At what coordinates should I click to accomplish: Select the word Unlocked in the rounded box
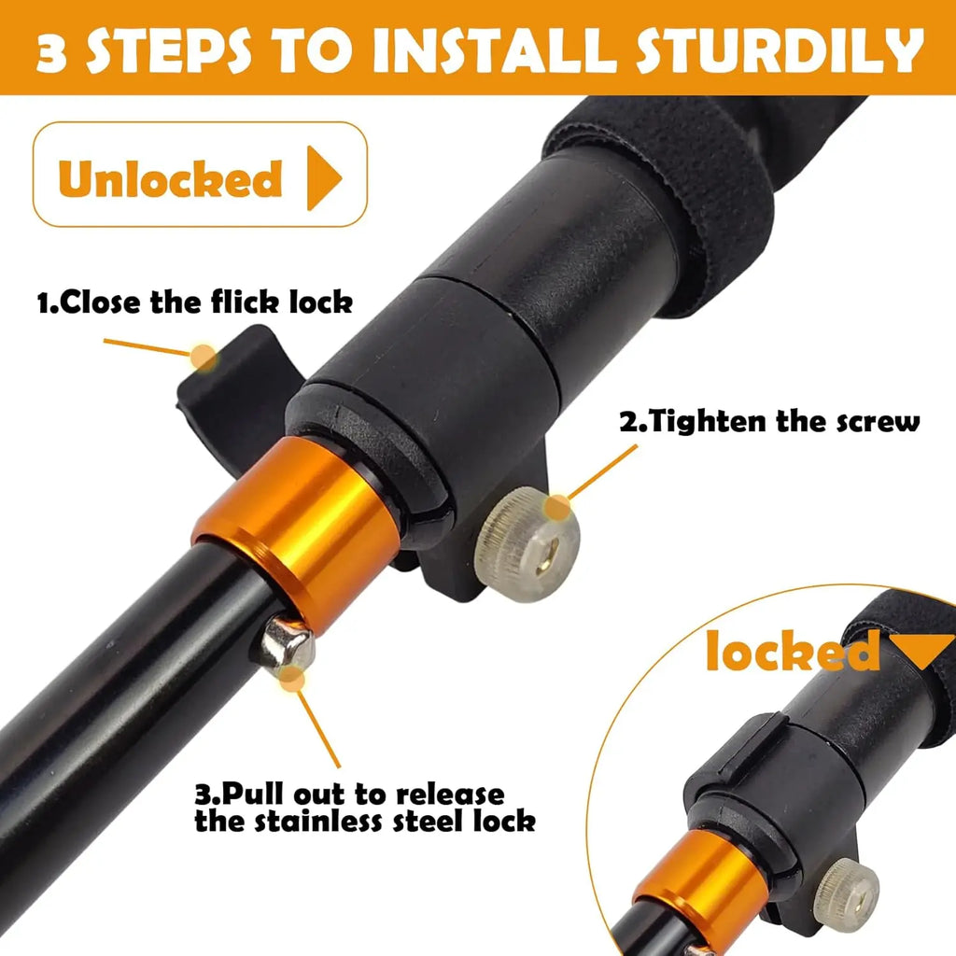170,177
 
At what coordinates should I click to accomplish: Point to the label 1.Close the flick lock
194,302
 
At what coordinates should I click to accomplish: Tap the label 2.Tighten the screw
770,421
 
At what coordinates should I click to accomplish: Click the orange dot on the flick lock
204,357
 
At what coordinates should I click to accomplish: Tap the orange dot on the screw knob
557,508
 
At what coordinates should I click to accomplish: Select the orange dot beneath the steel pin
294,679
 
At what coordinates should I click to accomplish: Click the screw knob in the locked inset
846,895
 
